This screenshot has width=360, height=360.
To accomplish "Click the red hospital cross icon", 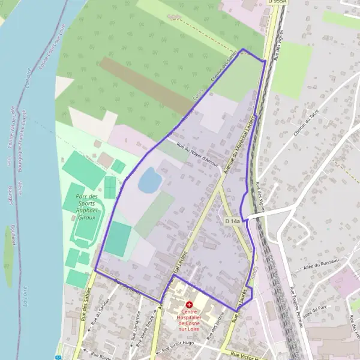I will tap(190, 305).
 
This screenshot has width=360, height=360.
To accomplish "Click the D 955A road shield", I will tap(277, 2).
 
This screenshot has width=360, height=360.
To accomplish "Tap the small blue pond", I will tap(149, 180).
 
